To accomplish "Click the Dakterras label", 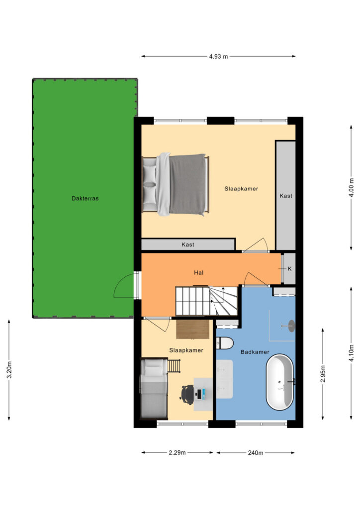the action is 85,198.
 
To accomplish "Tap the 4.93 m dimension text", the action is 218,57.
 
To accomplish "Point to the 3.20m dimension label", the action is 9,370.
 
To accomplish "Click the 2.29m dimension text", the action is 177,452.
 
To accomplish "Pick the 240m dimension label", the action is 256,452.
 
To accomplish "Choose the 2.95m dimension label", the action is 323,374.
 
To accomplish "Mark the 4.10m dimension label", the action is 351,353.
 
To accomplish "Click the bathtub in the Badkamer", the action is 280,382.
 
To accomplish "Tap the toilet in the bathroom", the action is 225,343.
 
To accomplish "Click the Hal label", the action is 199,273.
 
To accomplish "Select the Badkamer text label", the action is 255,352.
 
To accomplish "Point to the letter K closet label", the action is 290,269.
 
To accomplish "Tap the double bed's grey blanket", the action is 187,184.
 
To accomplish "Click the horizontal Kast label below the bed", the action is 188,245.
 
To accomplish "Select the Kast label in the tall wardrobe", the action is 286,196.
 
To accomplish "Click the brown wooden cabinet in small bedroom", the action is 193,329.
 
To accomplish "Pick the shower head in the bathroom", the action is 291,326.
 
